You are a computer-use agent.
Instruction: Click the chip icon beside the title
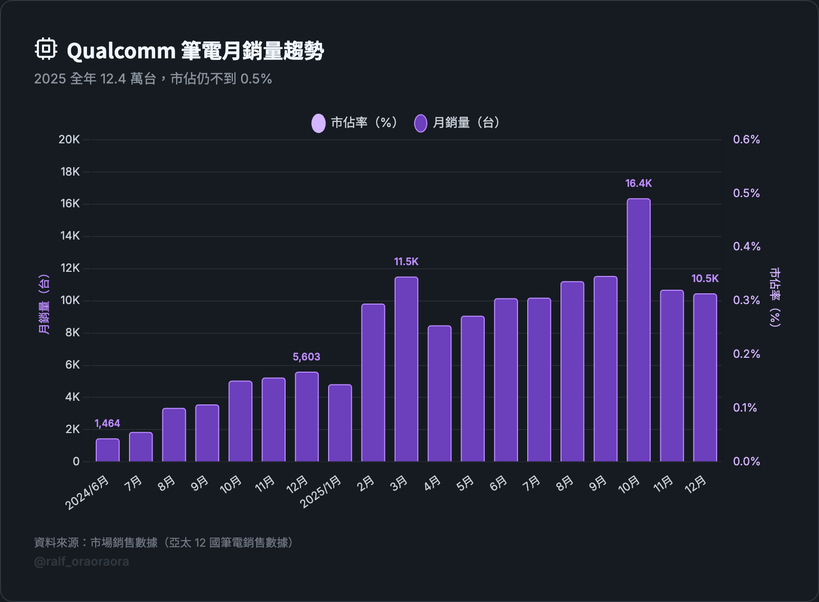pos(46,49)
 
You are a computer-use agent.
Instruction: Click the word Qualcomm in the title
pos(121,51)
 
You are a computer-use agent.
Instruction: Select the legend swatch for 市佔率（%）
pos(318,123)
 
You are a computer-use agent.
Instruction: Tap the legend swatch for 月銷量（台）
pos(421,123)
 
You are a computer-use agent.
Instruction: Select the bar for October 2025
pos(638,330)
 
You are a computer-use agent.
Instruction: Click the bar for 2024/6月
pos(107,450)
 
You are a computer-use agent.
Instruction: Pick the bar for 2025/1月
pos(340,423)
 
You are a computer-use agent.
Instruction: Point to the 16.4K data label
pos(638,183)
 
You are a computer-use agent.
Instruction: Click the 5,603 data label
pos(306,357)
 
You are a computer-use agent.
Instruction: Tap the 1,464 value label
pos(107,423)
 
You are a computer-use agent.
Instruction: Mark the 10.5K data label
pos(705,278)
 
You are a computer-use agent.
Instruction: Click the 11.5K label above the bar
pos(406,262)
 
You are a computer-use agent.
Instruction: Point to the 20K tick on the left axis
pos(69,139)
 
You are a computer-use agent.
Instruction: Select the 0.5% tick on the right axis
pos(746,193)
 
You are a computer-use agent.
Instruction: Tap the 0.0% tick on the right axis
pos(746,461)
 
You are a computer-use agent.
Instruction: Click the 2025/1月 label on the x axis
pos(321,492)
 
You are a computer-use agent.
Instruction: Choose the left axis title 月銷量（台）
pos(45,304)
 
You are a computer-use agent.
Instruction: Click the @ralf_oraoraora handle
pos(81,562)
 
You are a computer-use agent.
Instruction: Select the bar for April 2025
pos(439,393)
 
